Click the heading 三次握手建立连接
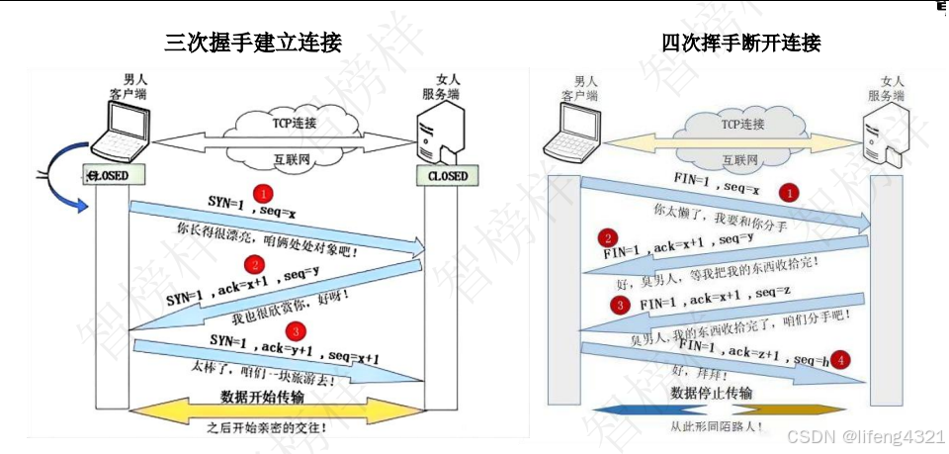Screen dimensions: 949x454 pyautogui.click(x=253, y=43)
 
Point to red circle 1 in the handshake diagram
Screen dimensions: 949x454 pyautogui.click(x=263, y=192)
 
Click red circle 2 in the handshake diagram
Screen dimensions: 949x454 pyautogui.click(x=255, y=265)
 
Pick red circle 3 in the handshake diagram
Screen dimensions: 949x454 pyautogui.click(x=294, y=330)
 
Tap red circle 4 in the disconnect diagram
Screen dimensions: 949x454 pyautogui.click(x=840, y=359)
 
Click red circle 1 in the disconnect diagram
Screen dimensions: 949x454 pyautogui.click(x=789, y=192)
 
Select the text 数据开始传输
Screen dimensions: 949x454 pyautogui.click(x=262, y=397)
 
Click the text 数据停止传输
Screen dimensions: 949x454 pyautogui.click(x=711, y=393)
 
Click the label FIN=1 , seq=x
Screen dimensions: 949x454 pyautogui.click(x=718, y=183)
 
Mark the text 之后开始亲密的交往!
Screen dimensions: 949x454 pyautogui.click(x=266, y=427)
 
